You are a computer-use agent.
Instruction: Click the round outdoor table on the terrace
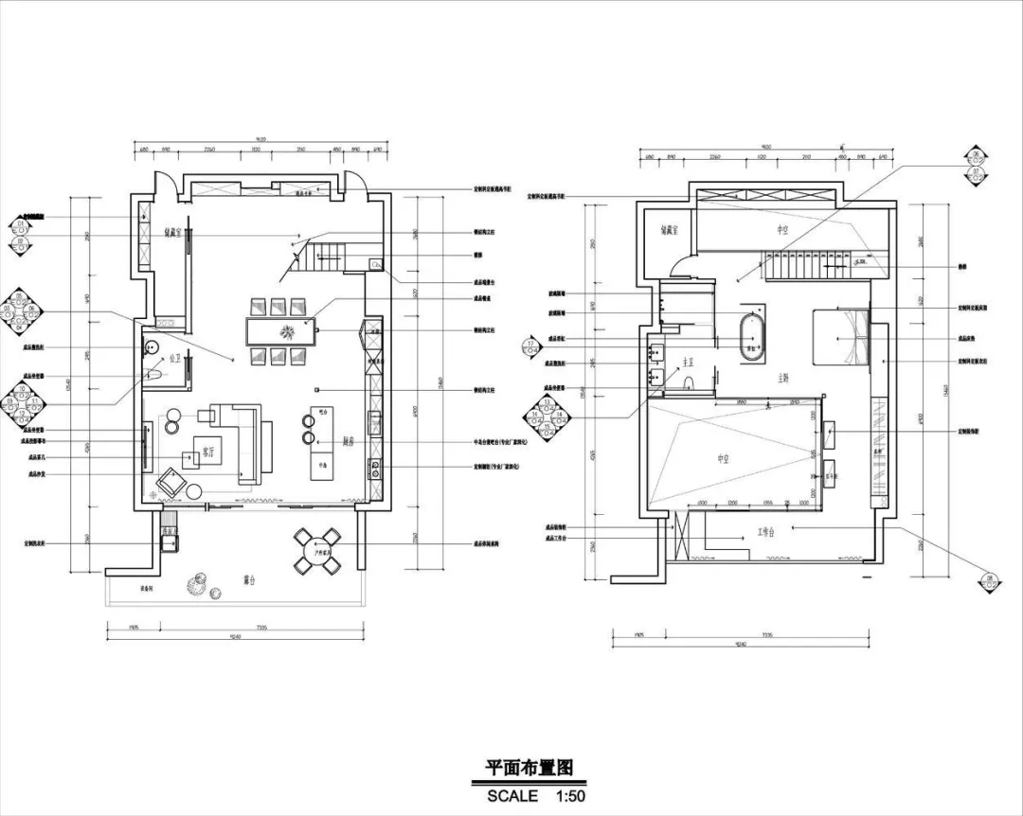[316, 552]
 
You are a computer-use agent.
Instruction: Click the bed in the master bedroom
[840, 338]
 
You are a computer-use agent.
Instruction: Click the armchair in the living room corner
[171, 482]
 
